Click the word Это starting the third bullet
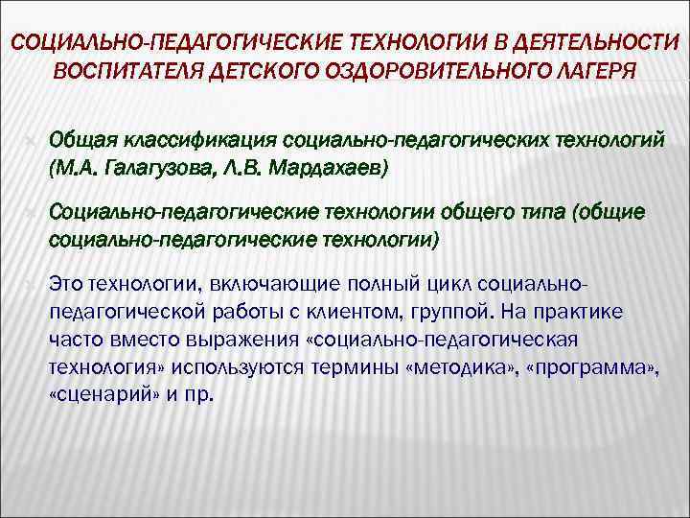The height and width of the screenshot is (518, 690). (65, 283)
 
